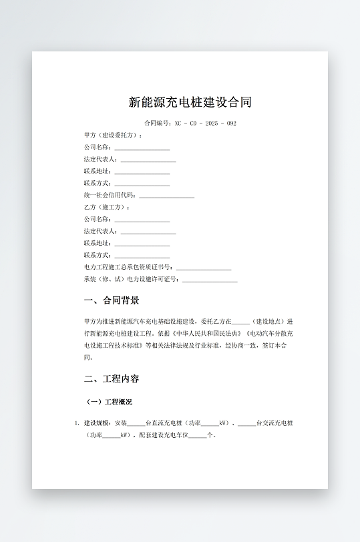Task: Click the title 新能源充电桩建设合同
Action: [x=190, y=102]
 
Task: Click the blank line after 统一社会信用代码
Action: [x=166, y=196]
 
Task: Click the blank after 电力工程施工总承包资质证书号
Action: [x=204, y=267]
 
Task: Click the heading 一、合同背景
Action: [x=112, y=300]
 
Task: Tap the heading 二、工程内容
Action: [x=112, y=378]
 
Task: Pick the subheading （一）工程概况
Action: [x=110, y=402]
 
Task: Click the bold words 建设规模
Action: [x=97, y=423]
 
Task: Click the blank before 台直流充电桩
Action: [x=136, y=423]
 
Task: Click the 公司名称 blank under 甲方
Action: [x=142, y=148]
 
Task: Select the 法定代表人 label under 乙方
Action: [x=100, y=231]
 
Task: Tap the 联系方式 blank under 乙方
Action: [x=142, y=256]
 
